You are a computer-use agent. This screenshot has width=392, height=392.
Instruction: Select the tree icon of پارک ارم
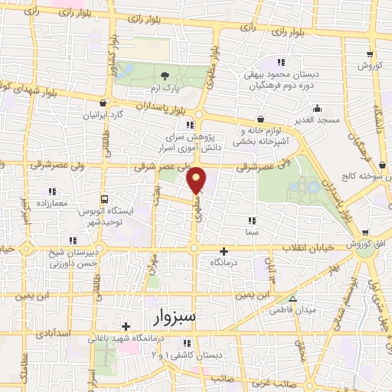point(165,74)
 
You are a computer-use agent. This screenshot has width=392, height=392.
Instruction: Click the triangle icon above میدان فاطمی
point(292,299)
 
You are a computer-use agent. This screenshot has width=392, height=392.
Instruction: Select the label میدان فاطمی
point(292,311)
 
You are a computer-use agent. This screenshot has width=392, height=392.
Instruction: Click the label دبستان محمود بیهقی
point(280,75)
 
